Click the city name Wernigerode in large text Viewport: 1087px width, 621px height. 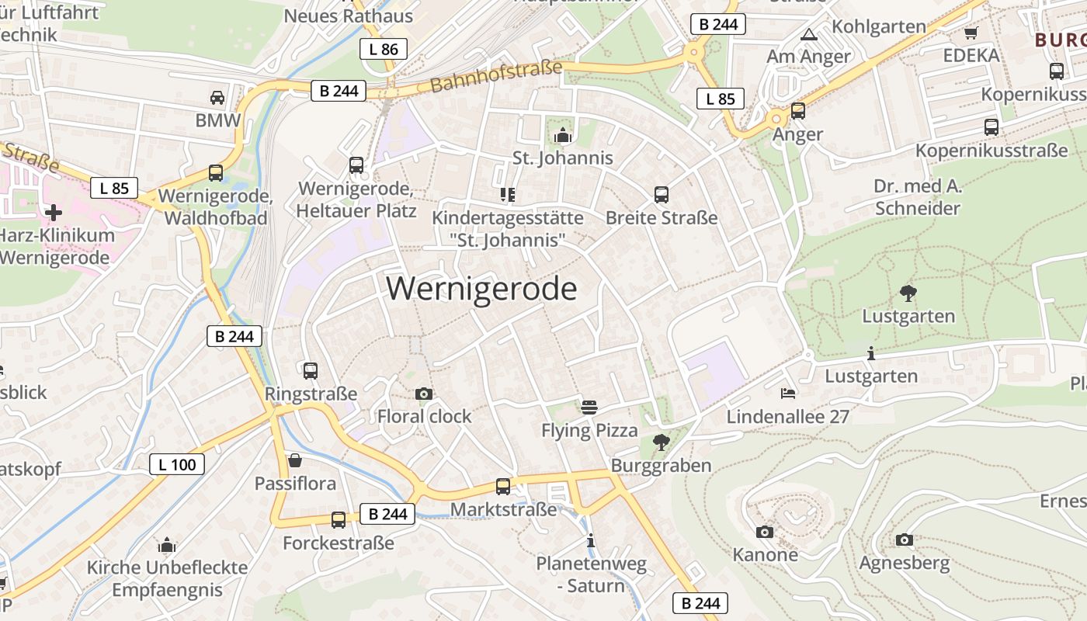[481, 289]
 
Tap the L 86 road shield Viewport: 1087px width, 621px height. [384, 49]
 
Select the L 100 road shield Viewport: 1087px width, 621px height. [177, 464]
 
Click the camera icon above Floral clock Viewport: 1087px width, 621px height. [423, 394]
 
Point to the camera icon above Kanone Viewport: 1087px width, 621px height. [765, 532]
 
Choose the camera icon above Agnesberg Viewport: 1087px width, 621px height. [904, 539]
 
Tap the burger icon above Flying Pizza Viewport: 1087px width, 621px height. [589, 407]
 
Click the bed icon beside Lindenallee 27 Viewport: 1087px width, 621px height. [788, 393]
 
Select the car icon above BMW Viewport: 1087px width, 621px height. [217, 97]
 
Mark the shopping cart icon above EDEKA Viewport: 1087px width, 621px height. [971, 33]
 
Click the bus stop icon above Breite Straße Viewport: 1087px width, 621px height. [662, 194]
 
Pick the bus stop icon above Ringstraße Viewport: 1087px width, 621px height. [311, 370]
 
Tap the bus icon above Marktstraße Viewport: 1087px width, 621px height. [503, 486]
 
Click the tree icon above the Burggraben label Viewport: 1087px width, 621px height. [662, 442]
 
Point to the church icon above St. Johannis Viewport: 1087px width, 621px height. [562, 135]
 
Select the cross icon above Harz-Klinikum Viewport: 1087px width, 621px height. [54, 212]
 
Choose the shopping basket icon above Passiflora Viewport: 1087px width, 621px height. [295, 460]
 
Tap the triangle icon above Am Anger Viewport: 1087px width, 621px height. [809, 34]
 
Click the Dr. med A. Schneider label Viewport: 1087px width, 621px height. [918, 197]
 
